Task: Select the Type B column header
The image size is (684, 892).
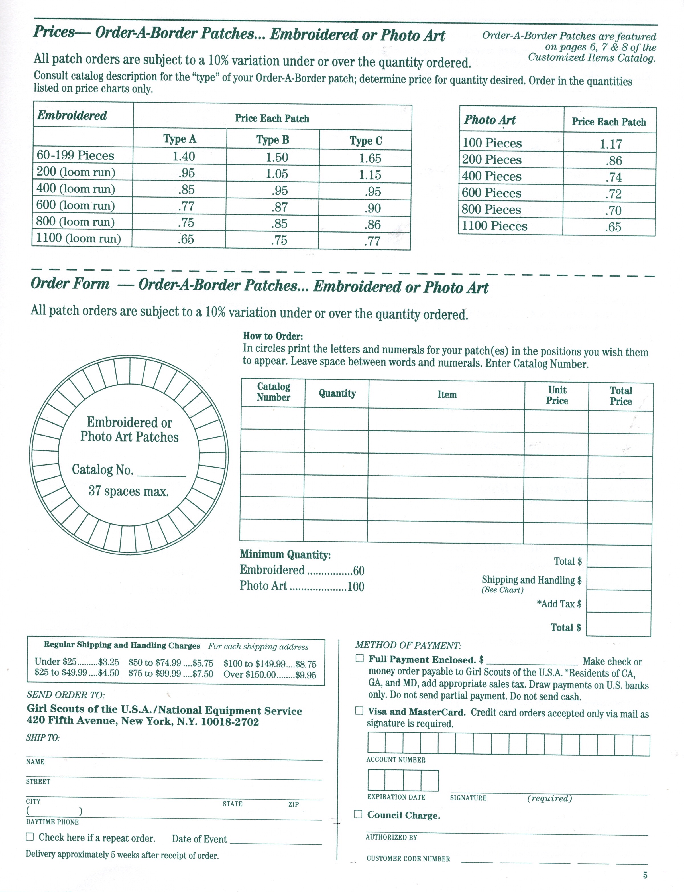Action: [x=272, y=140]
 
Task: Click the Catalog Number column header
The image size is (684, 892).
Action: [x=273, y=392]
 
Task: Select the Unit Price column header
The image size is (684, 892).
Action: [x=557, y=395]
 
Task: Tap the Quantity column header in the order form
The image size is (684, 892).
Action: [x=337, y=393]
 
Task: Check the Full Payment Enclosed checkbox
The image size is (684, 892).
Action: [x=359, y=659]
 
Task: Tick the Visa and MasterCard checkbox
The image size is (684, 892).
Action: [x=359, y=711]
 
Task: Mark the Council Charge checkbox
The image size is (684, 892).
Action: [x=358, y=814]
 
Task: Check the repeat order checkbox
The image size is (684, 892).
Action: [x=30, y=837]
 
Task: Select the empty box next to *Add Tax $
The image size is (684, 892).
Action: [x=618, y=602]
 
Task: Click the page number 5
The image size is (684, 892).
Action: [x=645, y=875]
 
